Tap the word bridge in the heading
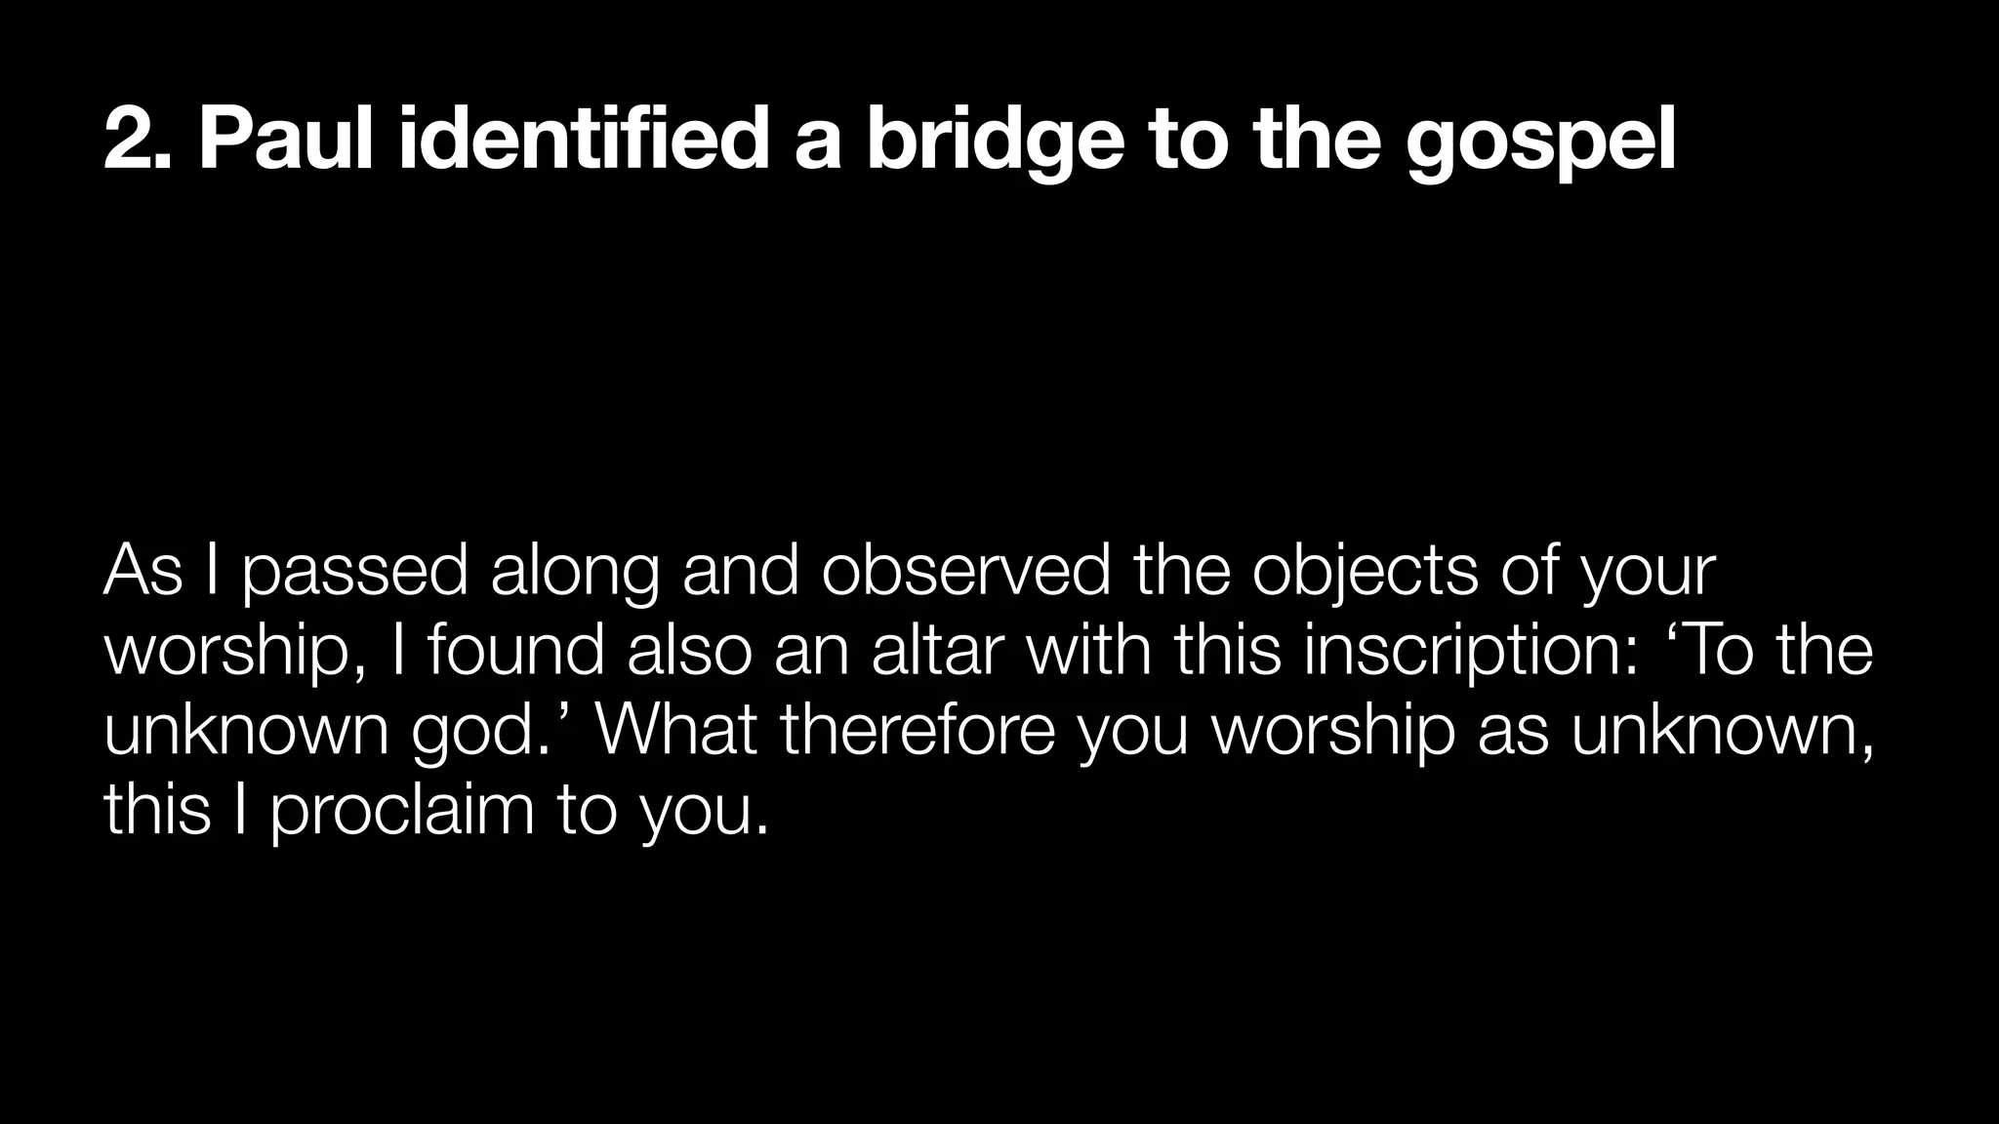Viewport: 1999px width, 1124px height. [995, 143]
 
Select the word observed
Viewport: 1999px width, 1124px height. [965, 571]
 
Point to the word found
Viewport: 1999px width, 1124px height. [515, 651]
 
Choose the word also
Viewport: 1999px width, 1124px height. [689, 651]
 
